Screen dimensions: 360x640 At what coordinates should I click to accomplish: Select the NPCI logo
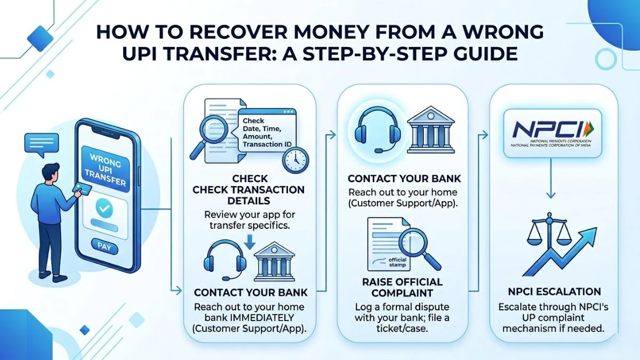click(x=551, y=133)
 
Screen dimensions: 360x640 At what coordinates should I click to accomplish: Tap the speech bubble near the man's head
click(x=39, y=143)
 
